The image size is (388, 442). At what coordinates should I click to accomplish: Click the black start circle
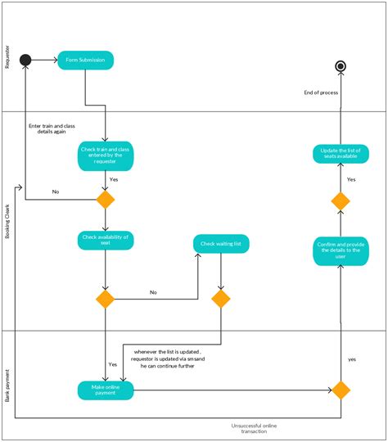tap(25, 60)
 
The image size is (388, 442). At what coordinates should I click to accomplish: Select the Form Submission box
tap(85, 60)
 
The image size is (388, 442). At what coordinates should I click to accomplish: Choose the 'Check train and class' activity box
tap(106, 155)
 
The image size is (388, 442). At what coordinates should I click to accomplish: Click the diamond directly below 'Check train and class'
tap(106, 200)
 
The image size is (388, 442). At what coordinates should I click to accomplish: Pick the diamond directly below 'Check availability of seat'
tap(106, 299)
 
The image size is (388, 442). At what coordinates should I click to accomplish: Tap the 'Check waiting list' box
tap(221, 244)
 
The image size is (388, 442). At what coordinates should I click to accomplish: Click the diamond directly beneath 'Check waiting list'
tap(221, 299)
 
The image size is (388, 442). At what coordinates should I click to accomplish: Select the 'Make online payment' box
tap(106, 390)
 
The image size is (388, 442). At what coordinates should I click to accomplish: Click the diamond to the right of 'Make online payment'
tap(340, 390)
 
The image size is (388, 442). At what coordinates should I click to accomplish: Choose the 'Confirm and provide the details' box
tap(340, 250)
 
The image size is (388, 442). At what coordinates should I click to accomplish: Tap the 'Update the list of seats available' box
tap(340, 153)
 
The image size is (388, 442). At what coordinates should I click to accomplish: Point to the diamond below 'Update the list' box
tap(340, 201)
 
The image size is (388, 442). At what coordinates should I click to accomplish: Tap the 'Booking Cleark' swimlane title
tap(8, 221)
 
